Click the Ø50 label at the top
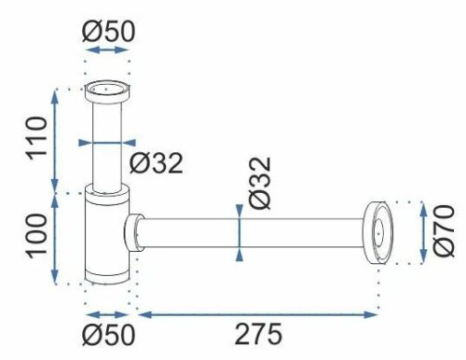click(108, 31)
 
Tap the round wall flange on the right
click(378, 232)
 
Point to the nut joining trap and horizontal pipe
click(135, 232)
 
